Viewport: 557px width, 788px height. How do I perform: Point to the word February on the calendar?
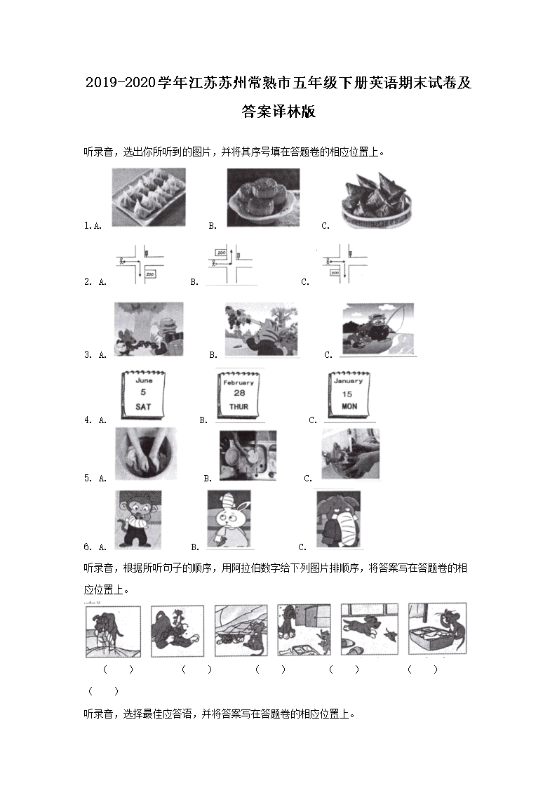pos(239,383)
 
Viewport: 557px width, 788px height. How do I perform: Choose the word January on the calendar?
pos(349,381)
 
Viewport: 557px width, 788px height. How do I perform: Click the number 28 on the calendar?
pos(239,394)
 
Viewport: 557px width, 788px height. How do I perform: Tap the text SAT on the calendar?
pos(143,406)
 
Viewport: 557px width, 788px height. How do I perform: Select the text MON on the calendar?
pos(349,406)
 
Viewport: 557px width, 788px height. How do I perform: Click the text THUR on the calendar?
pos(239,407)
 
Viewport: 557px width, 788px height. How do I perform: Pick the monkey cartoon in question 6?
pos(138,519)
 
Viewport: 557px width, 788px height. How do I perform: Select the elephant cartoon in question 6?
pos(337,519)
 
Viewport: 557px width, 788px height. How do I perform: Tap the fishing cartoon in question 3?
pos(377,329)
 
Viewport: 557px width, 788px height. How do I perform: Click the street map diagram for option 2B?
pos(232,265)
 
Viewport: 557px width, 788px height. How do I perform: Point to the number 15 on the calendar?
pos(349,394)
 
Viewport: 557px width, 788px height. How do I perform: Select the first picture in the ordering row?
pos(112,632)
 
